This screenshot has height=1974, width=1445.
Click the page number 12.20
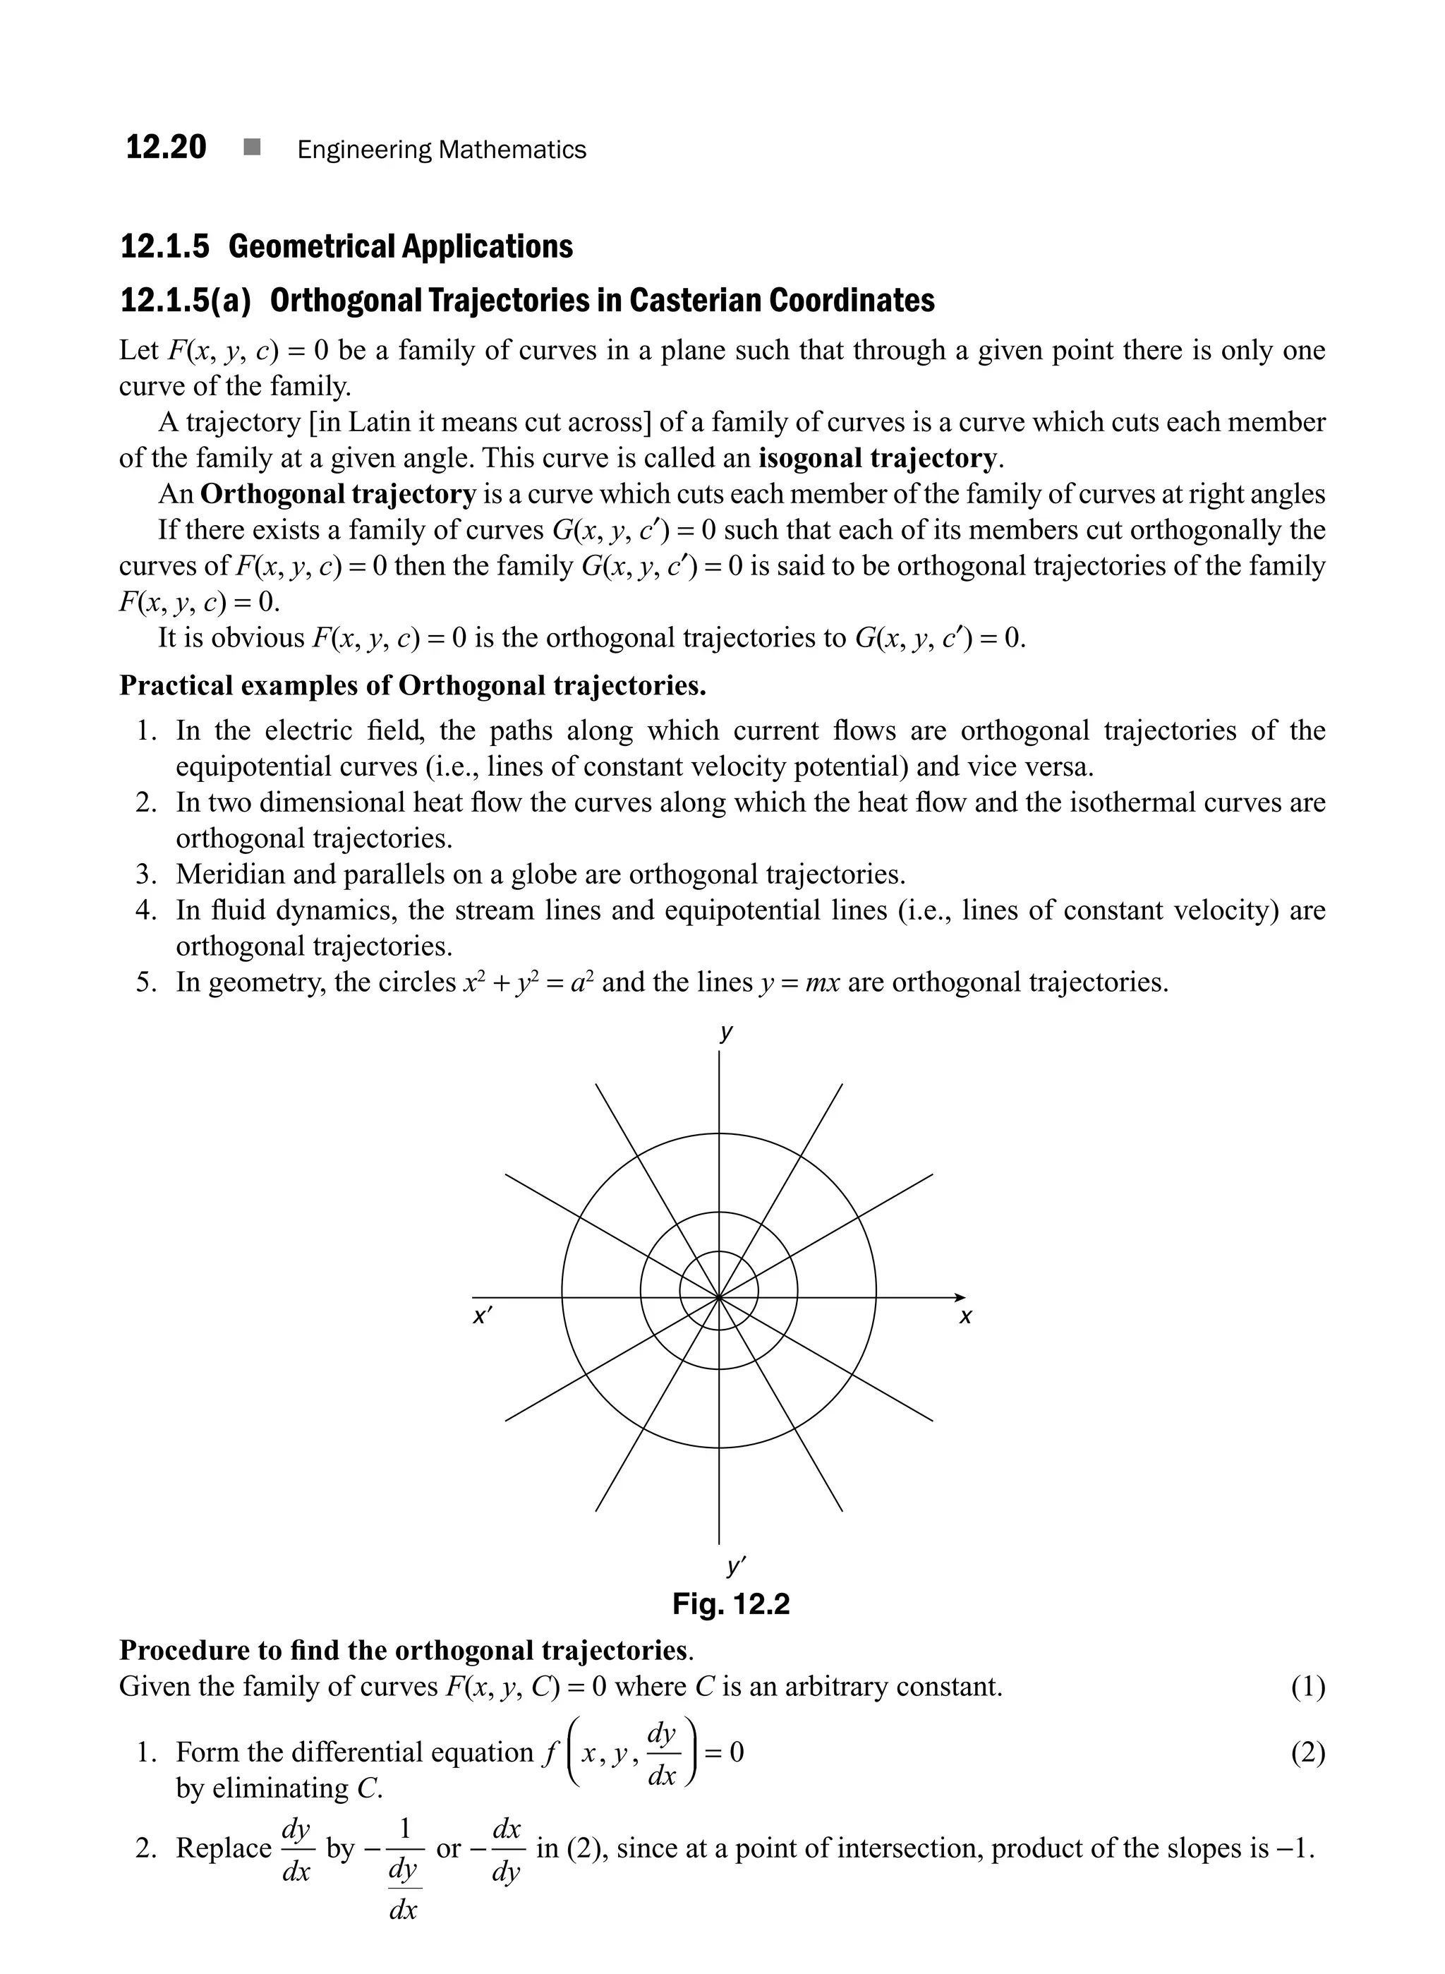tap(167, 147)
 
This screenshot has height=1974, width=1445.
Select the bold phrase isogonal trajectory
tap(876, 459)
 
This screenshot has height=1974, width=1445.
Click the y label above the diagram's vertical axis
tap(725, 1033)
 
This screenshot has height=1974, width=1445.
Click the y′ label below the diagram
tap(734, 1565)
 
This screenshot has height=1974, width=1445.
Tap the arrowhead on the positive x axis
tap(960, 1296)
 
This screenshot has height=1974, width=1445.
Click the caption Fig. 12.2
tap(730, 1604)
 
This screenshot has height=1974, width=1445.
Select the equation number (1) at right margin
tap(1307, 1686)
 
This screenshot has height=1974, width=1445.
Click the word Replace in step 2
tap(224, 1847)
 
